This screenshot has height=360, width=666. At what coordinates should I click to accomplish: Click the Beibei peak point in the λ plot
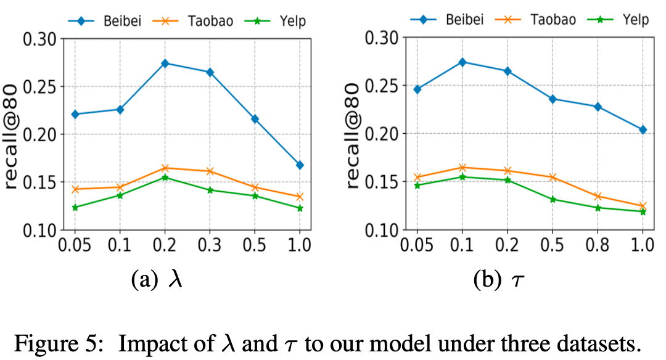pyautogui.click(x=165, y=63)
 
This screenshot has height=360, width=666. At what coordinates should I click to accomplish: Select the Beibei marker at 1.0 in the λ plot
pyautogui.click(x=300, y=165)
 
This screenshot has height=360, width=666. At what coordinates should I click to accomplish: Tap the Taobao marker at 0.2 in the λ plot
pyautogui.click(x=165, y=168)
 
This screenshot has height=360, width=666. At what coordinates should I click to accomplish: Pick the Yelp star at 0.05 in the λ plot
pyautogui.click(x=75, y=208)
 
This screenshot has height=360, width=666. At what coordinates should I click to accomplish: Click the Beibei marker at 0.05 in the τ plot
pyautogui.click(x=417, y=89)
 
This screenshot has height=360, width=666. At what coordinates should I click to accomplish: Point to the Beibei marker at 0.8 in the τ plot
pyautogui.click(x=598, y=107)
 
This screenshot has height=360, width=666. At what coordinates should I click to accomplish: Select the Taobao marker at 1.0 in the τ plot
pyautogui.click(x=643, y=207)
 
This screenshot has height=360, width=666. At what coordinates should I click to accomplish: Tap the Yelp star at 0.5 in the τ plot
pyautogui.click(x=553, y=200)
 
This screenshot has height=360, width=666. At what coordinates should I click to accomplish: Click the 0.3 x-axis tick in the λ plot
pyautogui.click(x=210, y=245)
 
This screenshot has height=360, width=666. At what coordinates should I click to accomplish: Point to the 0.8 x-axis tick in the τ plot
pyautogui.click(x=598, y=245)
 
